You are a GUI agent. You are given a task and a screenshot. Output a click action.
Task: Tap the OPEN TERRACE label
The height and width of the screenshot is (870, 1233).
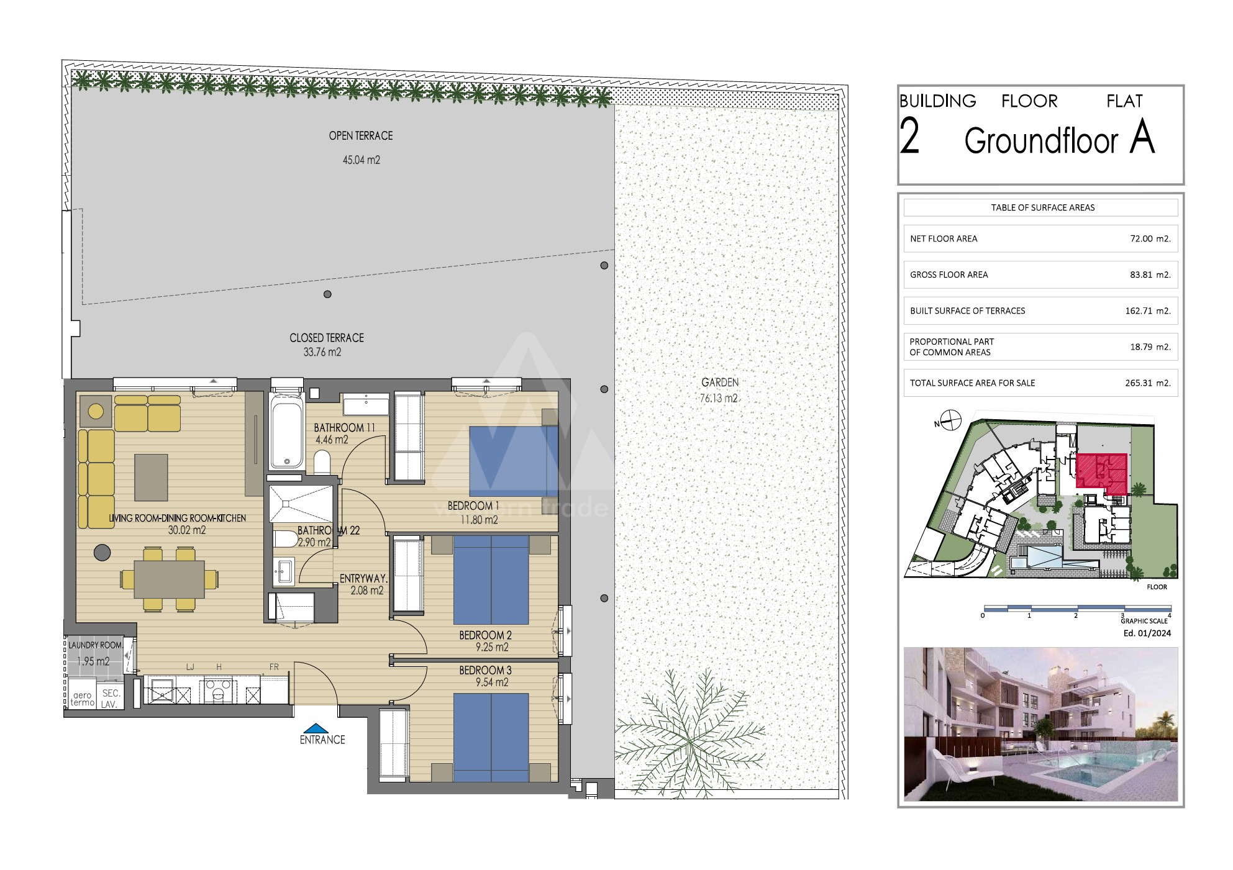point(361,135)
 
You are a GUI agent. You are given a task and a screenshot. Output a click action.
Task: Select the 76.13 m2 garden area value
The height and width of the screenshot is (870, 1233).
point(719,399)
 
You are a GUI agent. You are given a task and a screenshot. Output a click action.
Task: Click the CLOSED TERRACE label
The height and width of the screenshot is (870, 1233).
point(327,338)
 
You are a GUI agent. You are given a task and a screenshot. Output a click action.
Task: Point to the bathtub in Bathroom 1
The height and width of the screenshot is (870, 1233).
point(287,432)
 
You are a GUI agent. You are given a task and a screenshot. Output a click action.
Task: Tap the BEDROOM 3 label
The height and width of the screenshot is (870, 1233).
point(486,671)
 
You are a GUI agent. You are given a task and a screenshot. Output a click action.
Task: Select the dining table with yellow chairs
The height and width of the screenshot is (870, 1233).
point(169,579)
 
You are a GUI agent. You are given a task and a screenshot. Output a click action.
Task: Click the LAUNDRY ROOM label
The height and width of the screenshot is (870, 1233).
point(95,646)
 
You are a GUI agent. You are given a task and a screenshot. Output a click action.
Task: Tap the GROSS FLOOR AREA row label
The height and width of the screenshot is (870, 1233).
point(949,274)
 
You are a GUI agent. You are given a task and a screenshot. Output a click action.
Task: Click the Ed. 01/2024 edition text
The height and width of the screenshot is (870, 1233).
point(1147,633)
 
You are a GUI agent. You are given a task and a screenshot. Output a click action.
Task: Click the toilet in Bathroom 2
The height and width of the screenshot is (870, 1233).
point(285,539)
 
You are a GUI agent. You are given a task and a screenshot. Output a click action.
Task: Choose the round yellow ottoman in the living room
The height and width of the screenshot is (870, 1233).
point(96,411)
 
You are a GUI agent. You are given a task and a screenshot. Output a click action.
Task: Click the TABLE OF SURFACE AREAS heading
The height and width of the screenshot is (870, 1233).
point(1043,207)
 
